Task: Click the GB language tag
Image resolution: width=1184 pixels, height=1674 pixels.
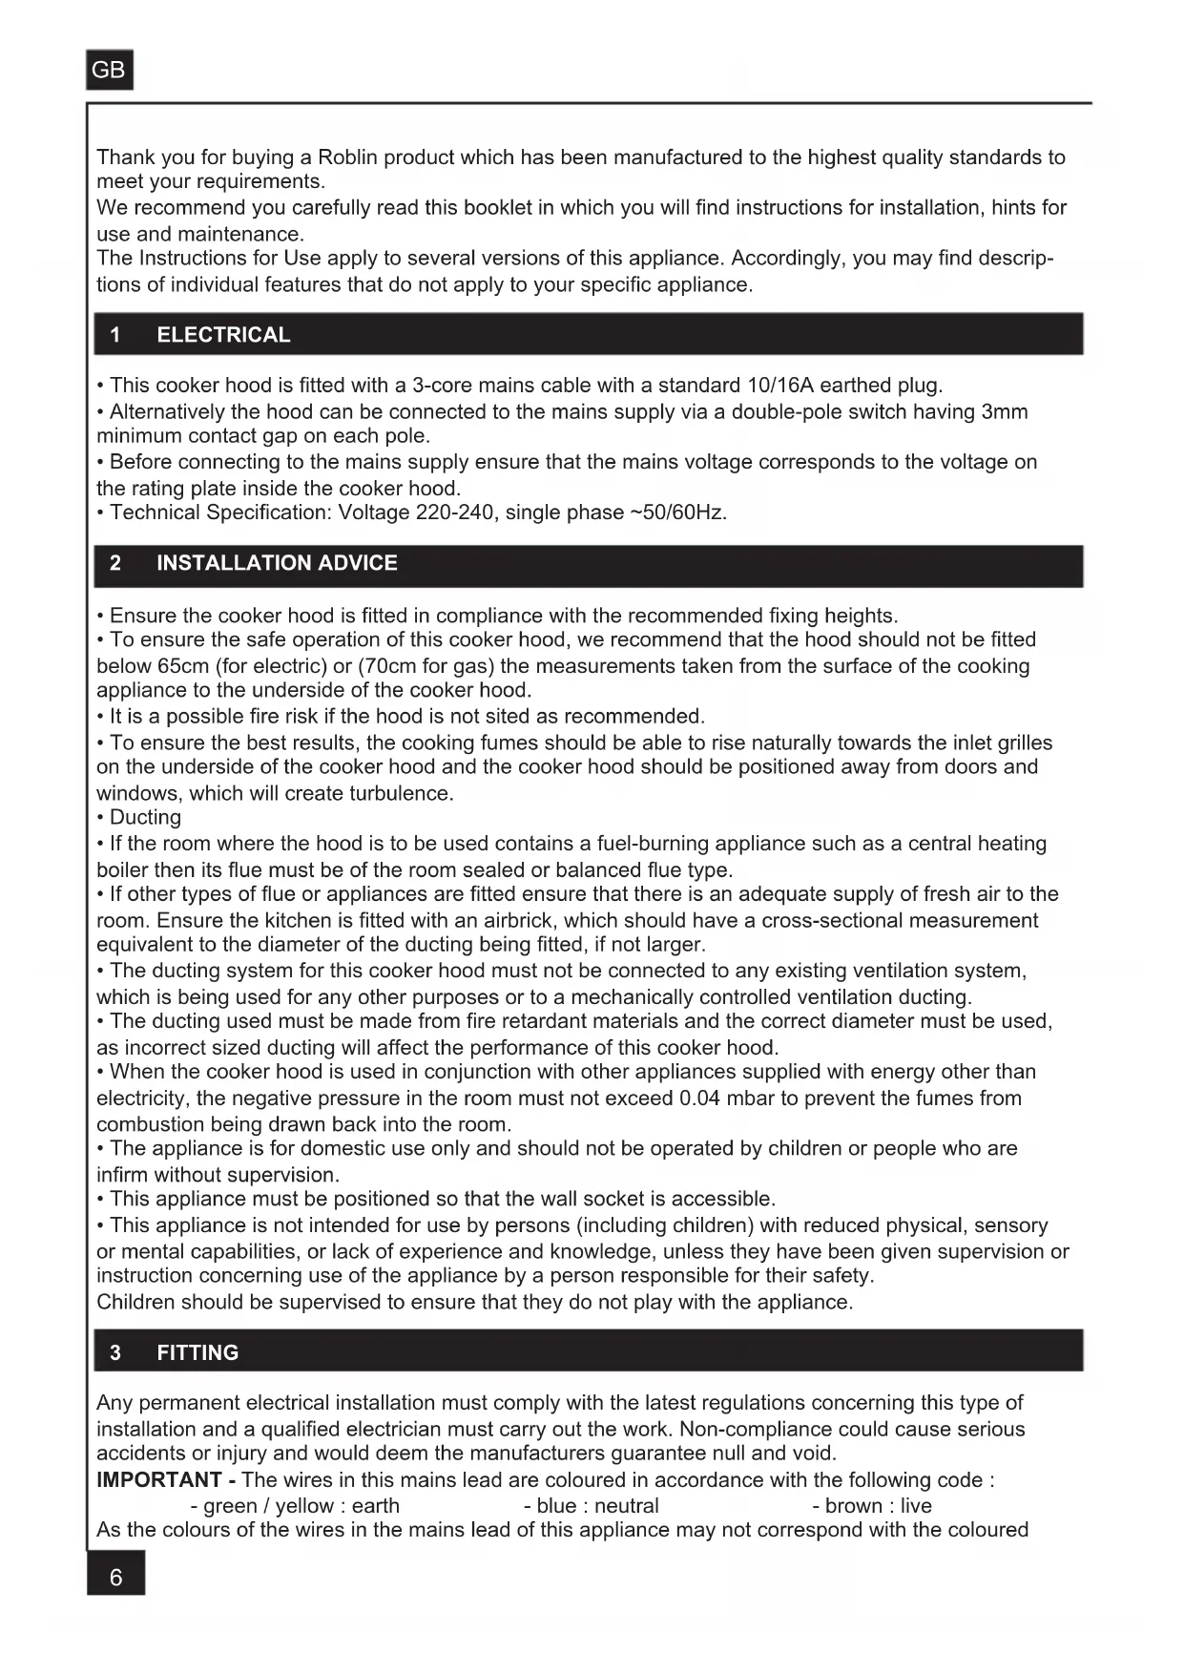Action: coord(109,70)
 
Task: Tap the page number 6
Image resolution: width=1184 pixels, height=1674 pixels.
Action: coord(115,1578)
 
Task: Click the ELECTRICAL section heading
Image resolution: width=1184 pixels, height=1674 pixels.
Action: coord(223,335)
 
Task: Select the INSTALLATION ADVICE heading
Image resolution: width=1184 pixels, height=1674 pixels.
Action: coord(277,563)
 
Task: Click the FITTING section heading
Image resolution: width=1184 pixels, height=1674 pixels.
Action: coord(197,1352)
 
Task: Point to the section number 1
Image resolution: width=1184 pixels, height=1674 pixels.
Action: coord(115,335)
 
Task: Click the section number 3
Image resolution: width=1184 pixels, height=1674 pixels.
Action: coord(115,1352)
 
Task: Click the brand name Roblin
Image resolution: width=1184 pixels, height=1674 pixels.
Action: coord(348,157)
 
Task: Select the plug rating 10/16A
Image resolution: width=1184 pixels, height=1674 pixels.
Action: coord(780,386)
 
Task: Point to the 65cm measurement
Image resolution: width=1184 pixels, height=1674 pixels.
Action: coord(179,666)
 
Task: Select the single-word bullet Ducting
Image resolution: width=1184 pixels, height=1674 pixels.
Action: coord(145,817)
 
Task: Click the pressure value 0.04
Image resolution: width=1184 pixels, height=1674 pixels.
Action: coord(699,1099)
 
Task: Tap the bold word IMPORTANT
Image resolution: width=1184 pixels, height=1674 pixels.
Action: coord(159,1480)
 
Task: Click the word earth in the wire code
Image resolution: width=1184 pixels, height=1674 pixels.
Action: coord(376,1506)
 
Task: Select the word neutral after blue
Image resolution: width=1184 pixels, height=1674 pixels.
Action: coord(627,1506)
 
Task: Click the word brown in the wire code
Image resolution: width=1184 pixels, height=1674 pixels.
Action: coord(854,1506)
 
